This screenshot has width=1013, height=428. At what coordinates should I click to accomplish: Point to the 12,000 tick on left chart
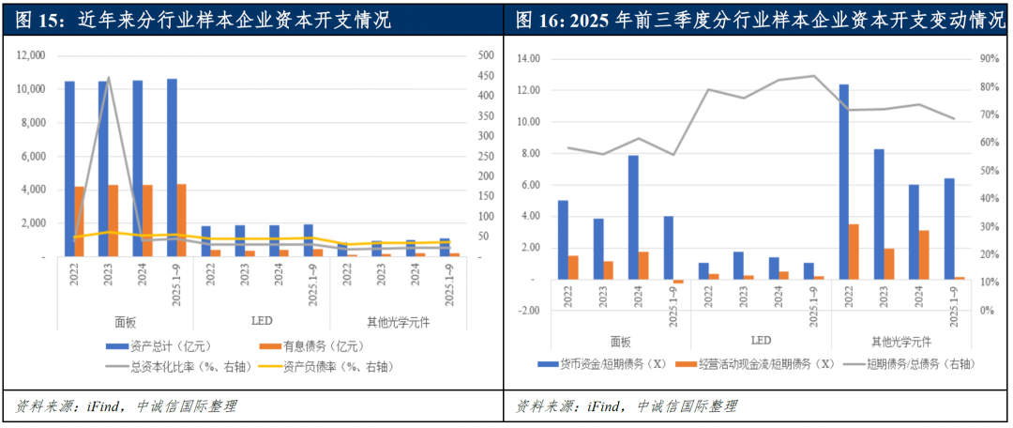click(x=31, y=56)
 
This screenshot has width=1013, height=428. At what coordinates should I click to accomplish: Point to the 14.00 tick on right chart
click(x=528, y=58)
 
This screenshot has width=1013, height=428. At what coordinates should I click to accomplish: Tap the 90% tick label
click(x=988, y=58)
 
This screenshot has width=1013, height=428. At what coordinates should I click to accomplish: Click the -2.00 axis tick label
click(x=527, y=311)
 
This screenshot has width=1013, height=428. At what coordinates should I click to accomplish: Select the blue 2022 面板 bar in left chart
click(x=69, y=169)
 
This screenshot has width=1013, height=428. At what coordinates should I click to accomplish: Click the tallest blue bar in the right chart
click(x=843, y=182)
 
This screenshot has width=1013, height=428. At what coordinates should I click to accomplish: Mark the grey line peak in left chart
click(x=108, y=78)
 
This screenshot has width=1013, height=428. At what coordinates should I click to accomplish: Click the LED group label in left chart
click(x=264, y=321)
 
